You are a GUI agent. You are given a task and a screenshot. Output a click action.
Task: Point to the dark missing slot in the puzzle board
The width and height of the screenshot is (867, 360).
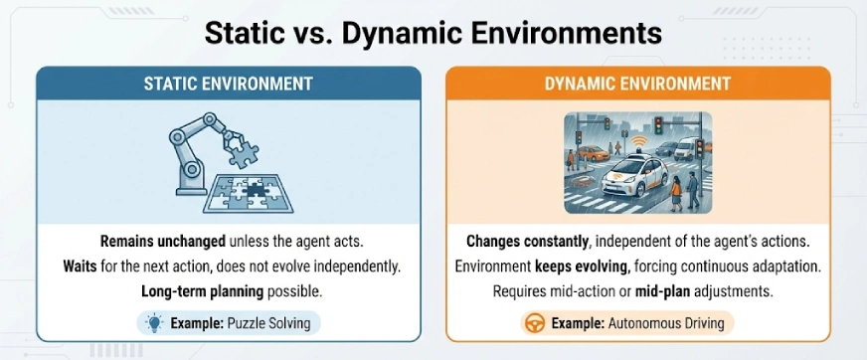point(256,188)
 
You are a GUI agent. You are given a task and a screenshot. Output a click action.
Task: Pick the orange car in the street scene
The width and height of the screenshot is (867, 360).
point(594,153)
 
